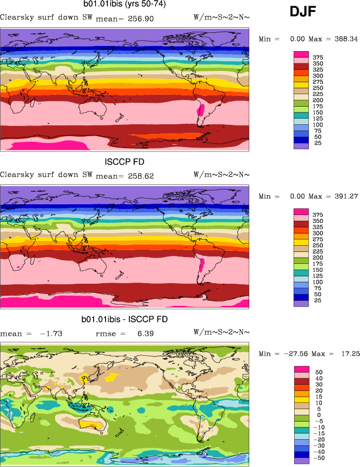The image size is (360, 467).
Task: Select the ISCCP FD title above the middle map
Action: click(125, 162)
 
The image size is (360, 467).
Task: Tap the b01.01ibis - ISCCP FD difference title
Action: click(125, 319)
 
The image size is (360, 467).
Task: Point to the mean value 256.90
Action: click(142, 19)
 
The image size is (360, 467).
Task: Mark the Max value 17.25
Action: click(348, 354)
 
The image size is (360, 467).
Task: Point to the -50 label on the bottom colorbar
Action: click(319, 458)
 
